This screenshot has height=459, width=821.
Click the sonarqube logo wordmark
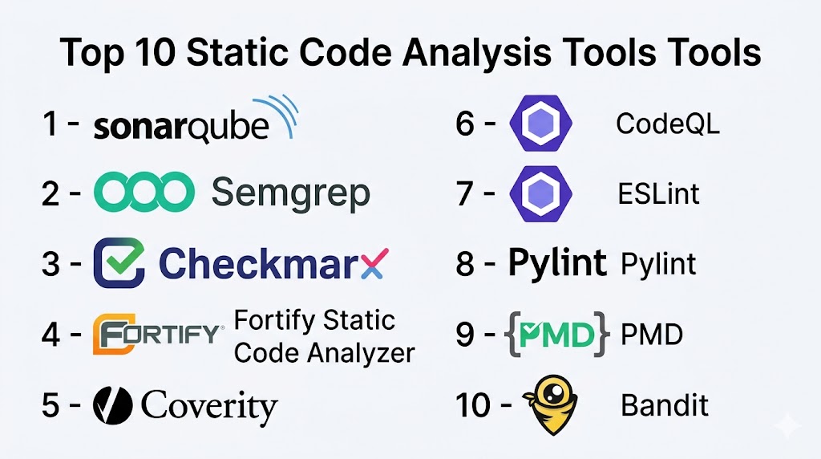[x=181, y=127]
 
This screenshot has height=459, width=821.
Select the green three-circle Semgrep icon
[x=144, y=193]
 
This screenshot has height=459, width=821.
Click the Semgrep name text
[x=290, y=193]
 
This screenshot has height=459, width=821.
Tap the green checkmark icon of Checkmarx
[x=119, y=263]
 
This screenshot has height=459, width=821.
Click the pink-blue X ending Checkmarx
[x=374, y=263]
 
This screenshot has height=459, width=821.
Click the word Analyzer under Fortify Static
[x=362, y=354]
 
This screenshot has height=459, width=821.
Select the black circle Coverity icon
[x=112, y=405]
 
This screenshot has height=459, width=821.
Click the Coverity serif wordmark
[x=209, y=407]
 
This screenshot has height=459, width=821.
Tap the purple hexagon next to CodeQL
[x=541, y=124]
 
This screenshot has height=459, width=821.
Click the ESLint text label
[x=659, y=194]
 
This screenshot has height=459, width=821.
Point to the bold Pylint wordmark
[x=558, y=263]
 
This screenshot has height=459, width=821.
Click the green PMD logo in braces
[x=558, y=335]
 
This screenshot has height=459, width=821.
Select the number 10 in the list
[x=473, y=405]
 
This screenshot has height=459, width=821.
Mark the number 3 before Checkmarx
[x=51, y=263]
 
